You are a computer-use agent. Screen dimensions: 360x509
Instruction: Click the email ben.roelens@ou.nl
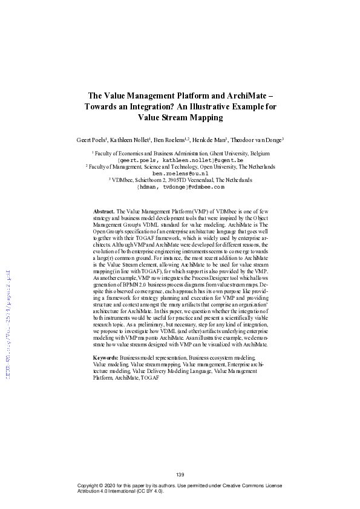coord(180,173)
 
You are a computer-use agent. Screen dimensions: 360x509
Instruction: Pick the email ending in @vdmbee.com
coord(180,186)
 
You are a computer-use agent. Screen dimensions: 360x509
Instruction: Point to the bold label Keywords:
coord(106,358)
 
